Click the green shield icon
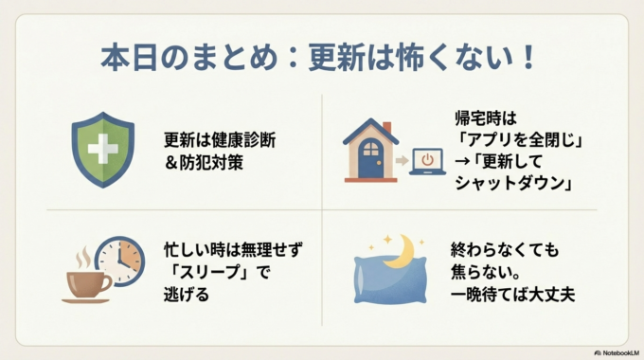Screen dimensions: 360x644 (103, 151)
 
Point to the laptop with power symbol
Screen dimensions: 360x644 (427, 161)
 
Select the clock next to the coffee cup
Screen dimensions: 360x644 (119, 260)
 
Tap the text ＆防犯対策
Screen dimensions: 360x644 (203, 161)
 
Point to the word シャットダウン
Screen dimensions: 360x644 (510, 183)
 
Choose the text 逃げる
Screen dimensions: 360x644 (186, 295)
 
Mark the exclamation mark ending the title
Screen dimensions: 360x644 (527, 57)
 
